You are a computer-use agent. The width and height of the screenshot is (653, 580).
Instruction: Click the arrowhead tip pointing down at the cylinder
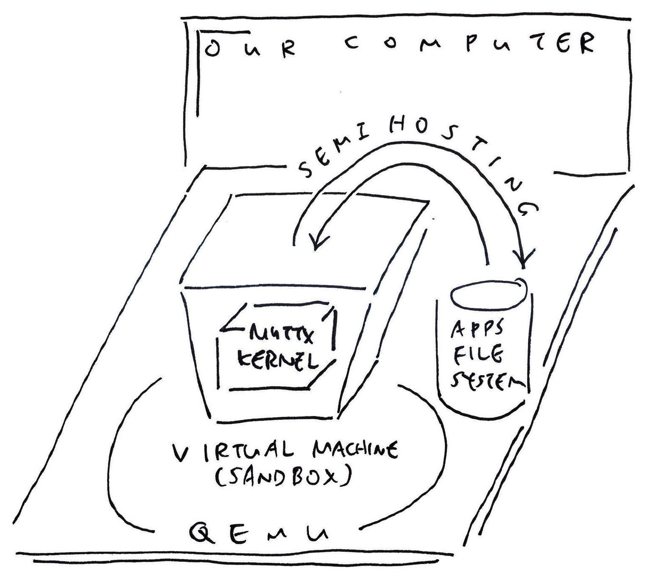point(523,268)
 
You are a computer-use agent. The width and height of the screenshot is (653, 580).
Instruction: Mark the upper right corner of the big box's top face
point(430,202)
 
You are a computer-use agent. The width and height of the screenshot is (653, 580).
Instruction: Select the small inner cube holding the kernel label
point(278,346)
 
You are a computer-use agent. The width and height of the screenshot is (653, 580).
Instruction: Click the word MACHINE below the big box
point(355,450)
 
